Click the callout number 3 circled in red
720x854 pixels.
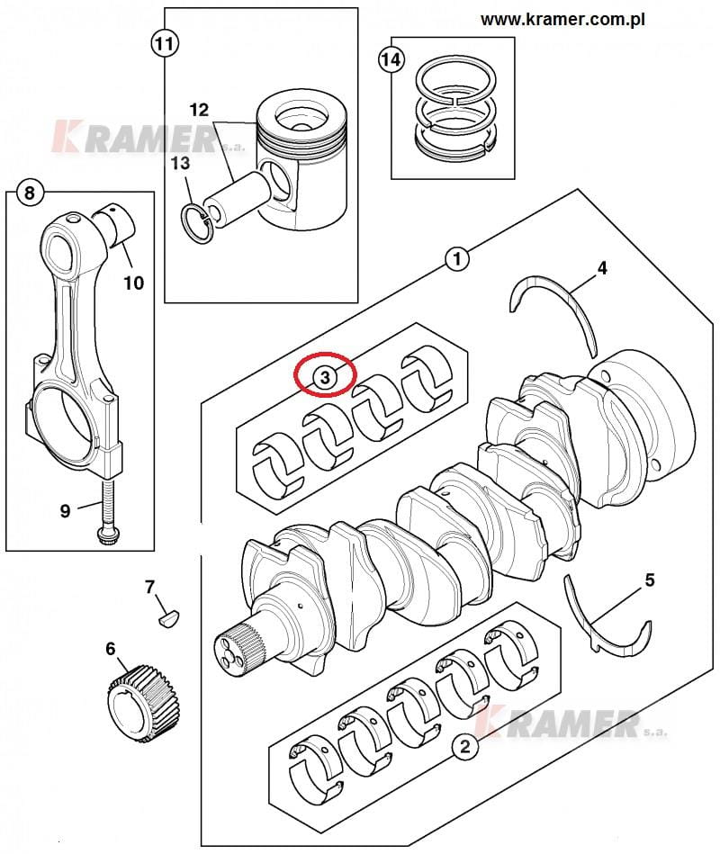(x=325, y=376)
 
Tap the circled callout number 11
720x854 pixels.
(x=165, y=43)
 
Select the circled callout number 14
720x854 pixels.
(x=391, y=58)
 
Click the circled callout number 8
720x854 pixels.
(x=30, y=193)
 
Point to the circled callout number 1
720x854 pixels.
(x=457, y=258)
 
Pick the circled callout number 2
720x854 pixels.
(x=464, y=746)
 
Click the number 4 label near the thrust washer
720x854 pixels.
(x=602, y=268)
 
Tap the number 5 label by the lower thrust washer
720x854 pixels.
(x=649, y=580)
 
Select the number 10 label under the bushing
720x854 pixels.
(x=133, y=283)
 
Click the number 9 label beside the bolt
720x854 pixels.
(x=65, y=511)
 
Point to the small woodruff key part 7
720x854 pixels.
(x=169, y=618)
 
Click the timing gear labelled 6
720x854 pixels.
(x=143, y=698)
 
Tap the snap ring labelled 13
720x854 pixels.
(x=198, y=223)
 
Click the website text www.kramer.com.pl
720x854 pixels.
(x=562, y=20)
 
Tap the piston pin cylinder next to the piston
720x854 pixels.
(x=238, y=197)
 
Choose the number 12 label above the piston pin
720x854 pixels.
(x=199, y=110)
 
